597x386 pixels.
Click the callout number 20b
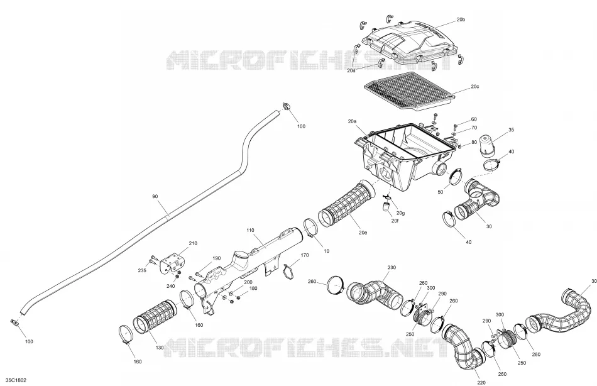[461, 19]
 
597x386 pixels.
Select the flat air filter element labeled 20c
[409, 91]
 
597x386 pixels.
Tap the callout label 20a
[352, 121]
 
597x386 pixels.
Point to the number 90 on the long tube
[155, 197]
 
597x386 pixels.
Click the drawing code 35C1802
[16, 380]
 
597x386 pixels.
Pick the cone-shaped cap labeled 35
[487, 146]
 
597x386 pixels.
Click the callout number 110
[249, 230]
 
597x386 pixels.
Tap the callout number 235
[142, 271]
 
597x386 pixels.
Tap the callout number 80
[474, 143]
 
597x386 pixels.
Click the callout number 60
[474, 119]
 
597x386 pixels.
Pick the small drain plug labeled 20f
[386, 207]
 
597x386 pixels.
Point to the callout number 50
[440, 192]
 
